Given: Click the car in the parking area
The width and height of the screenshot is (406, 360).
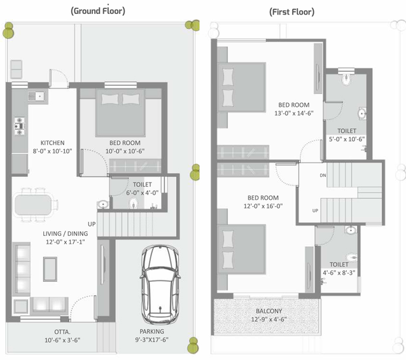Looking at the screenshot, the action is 160,284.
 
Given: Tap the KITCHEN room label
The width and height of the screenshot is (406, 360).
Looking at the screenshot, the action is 53,143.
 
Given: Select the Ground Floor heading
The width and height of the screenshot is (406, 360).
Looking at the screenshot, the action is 98,11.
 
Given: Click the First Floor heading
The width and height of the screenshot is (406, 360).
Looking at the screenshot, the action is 292,12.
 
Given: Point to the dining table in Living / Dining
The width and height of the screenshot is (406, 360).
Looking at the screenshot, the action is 33,205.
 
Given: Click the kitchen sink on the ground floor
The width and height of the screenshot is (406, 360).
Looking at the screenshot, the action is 38,96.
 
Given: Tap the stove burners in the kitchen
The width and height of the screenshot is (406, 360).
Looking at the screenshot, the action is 20,126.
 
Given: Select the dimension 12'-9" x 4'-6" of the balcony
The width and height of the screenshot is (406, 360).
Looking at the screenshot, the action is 269,319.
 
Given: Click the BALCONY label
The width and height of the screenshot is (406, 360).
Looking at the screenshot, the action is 269,311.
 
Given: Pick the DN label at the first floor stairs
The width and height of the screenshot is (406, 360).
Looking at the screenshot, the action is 323,176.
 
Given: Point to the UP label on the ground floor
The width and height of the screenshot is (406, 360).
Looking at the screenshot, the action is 92,224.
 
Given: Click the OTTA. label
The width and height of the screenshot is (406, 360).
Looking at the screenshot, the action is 62,332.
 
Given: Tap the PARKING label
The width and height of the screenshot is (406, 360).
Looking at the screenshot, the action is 151,331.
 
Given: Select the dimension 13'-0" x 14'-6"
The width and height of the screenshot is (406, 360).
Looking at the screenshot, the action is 294,113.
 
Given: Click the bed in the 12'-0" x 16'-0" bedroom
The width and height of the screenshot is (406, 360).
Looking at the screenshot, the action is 241,249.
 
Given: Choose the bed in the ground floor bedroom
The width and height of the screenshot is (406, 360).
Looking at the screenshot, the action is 120,113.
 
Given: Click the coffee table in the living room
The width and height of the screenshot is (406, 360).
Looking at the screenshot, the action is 50,269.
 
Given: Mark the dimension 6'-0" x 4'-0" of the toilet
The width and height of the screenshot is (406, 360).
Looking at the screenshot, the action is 142,193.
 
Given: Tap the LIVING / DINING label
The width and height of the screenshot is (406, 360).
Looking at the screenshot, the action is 66,233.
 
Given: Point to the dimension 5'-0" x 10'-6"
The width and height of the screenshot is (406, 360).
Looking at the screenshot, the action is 347,139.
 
